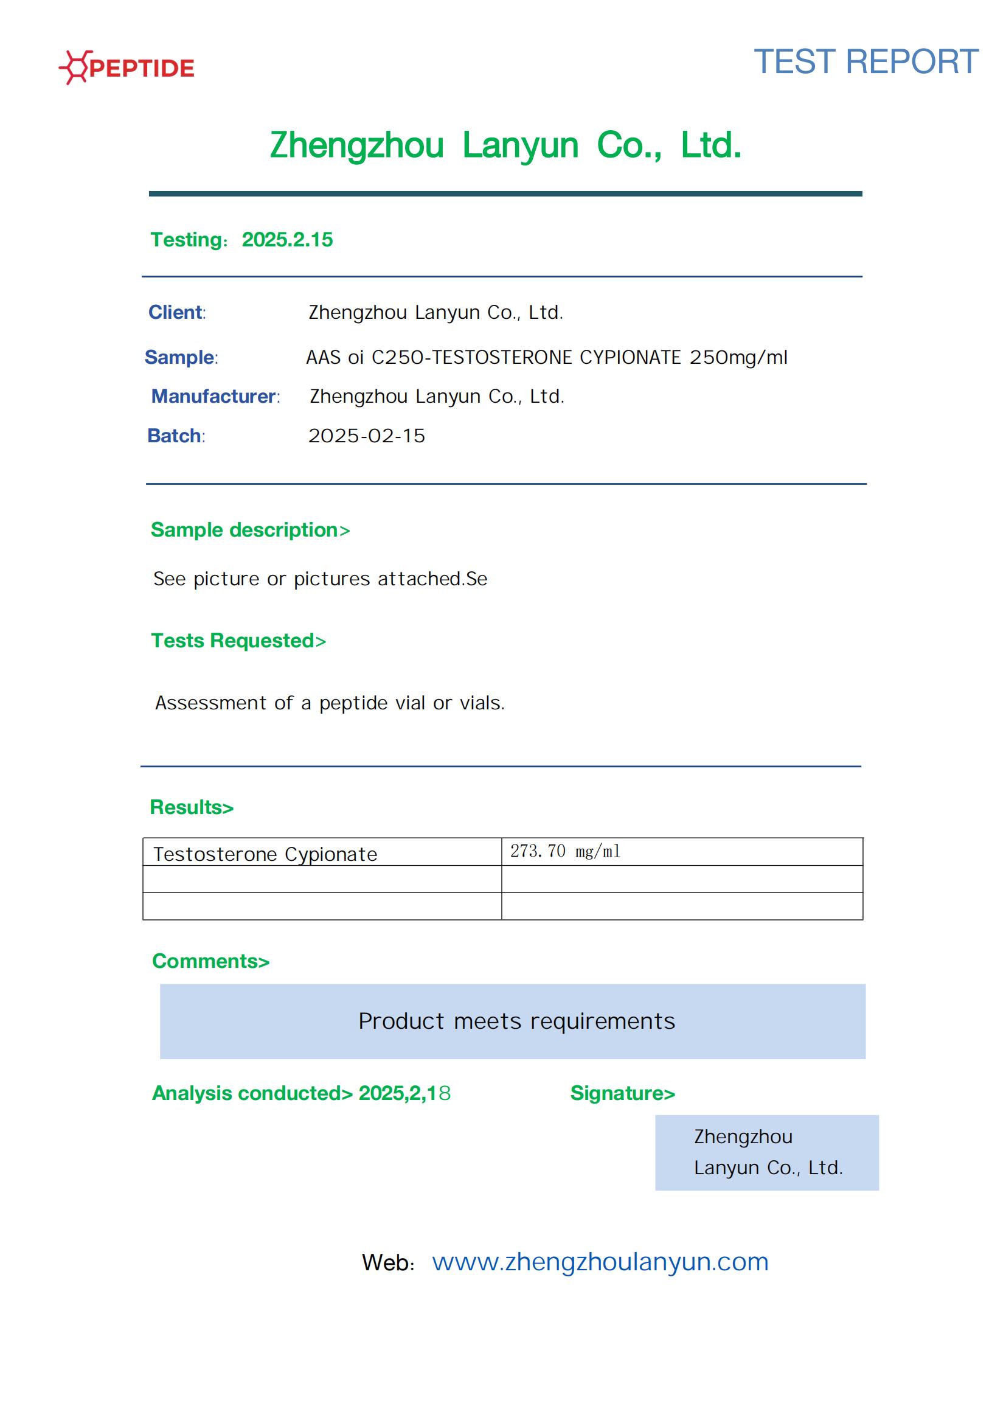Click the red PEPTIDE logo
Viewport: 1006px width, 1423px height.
coord(127,68)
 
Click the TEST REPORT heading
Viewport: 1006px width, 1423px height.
coord(866,62)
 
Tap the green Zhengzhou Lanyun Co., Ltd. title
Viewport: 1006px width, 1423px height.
coord(505,145)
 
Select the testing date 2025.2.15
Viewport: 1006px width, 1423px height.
coord(287,240)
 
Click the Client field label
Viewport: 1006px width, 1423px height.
coord(176,312)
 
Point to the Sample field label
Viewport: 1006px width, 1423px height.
coord(179,358)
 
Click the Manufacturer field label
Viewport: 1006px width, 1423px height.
coord(214,397)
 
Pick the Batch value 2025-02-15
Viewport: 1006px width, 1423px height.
coord(367,436)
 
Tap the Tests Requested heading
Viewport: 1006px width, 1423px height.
coord(238,641)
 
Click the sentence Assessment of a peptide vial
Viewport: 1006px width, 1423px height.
coord(330,703)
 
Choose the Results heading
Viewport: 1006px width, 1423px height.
coord(192,807)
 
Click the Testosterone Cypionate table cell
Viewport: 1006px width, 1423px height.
coord(265,854)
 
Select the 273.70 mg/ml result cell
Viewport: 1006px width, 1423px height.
coord(565,852)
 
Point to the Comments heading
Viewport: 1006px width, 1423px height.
coord(210,961)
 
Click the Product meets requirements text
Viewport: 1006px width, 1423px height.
coord(516,1021)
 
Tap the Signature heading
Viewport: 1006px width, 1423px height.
coord(622,1093)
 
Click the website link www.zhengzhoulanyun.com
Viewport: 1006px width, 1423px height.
coord(600,1262)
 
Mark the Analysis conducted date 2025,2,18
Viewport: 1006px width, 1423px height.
coord(404,1093)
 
